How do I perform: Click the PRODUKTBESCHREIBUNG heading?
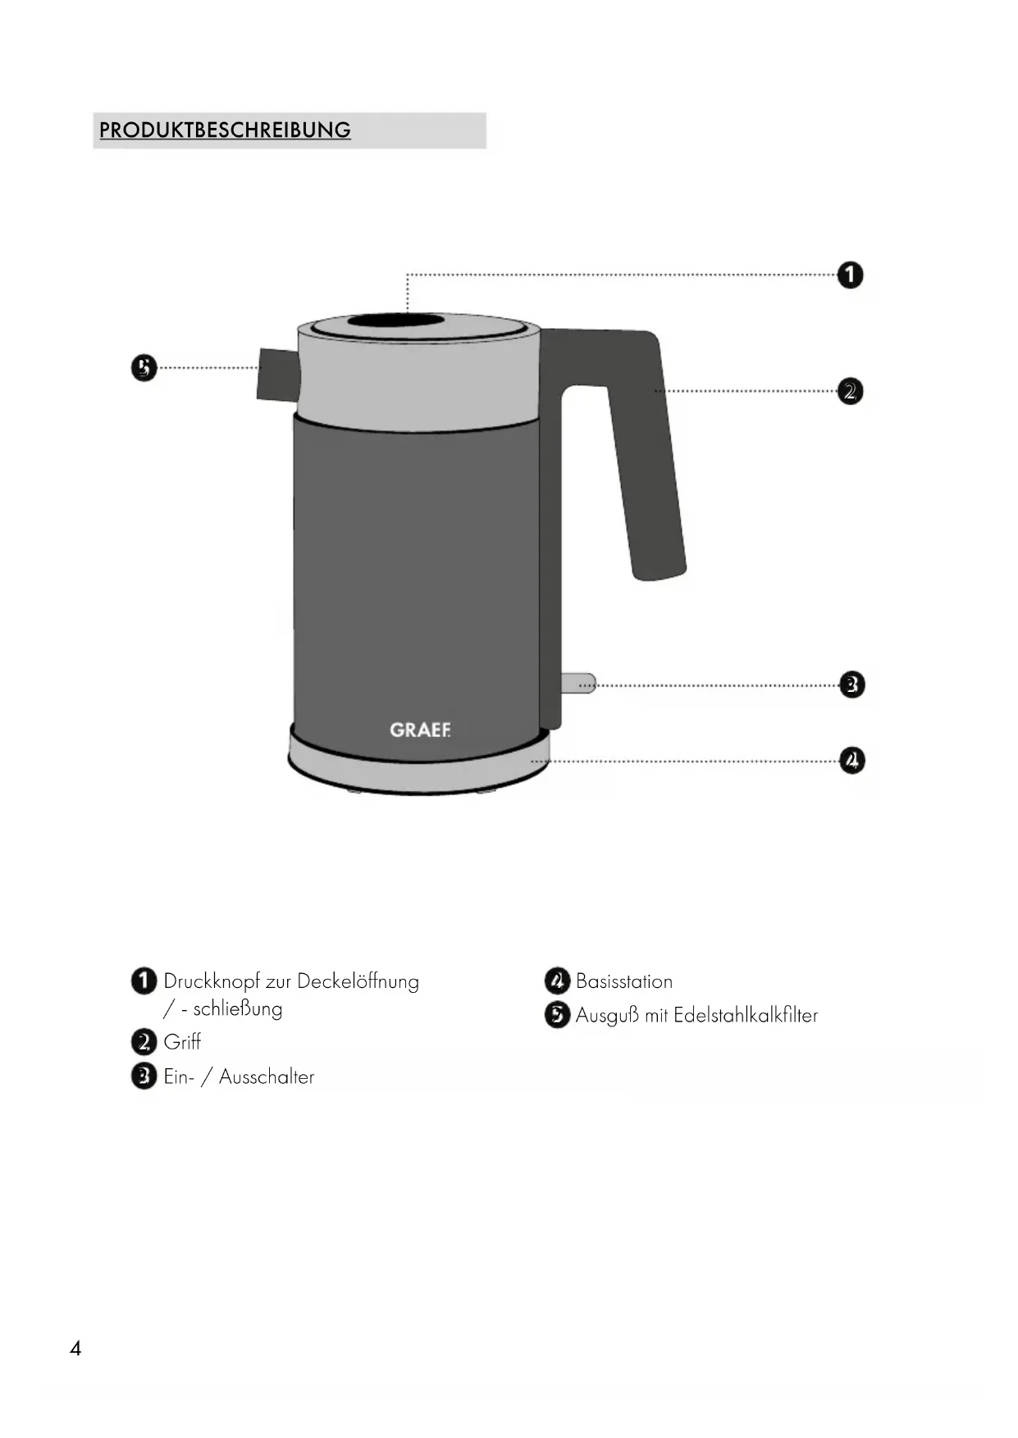coord(225,130)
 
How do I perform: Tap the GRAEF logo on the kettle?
coord(420,730)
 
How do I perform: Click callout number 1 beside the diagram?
coord(851,275)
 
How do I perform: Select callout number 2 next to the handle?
coord(851,391)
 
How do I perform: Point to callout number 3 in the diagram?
coord(852,685)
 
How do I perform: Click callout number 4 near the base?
coord(852,760)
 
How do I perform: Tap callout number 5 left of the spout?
coord(144,367)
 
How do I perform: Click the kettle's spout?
coord(277,375)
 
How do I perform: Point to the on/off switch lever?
coord(578,683)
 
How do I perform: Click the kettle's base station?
coord(419,762)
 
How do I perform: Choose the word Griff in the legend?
coord(182,1042)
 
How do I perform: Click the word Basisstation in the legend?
coord(624,981)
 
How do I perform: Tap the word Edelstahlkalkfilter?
coord(746,1015)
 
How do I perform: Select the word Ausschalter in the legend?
coord(267,1076)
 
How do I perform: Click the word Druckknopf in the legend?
coord(212,982)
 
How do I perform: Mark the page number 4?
coord(75,1349)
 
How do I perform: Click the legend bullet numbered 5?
coord(557,1015)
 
